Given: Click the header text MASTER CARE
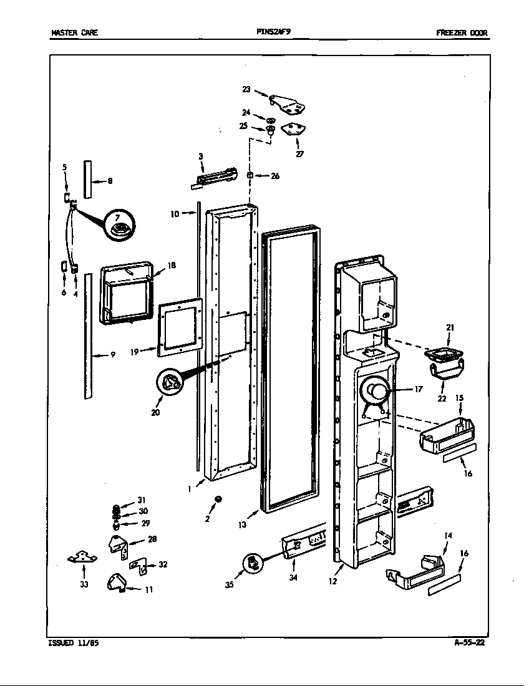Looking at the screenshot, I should tap(74, 33).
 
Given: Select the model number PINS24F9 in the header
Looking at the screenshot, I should tap(273, 32).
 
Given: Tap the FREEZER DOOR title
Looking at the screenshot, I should tap(462, 33).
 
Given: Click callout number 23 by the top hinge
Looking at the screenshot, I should tap(246, 90).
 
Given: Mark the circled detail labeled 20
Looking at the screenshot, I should tap(169, 384).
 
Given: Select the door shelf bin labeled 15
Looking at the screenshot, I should tap(445, 435).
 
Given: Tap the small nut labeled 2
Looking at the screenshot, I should tap(218, 498).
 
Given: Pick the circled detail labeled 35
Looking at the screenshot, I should tap(252, 563).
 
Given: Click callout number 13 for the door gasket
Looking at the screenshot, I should tap(242, 524).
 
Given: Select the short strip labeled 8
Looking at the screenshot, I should tap(87, 178).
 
